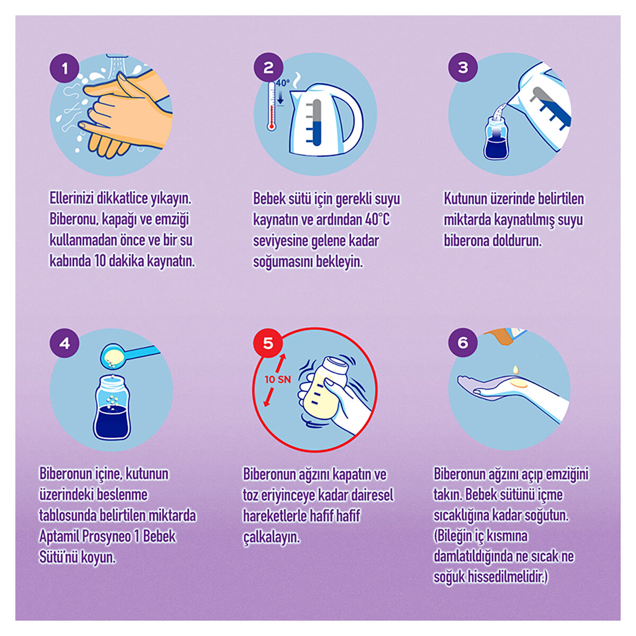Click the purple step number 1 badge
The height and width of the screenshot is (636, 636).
coord(64,68)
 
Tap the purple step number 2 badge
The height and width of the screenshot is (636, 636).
coord(268,68)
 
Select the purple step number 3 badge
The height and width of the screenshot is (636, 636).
coord(463,67)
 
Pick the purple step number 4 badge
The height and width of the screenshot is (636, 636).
coord(64,343)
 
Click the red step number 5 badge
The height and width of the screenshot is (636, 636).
coord(268,343)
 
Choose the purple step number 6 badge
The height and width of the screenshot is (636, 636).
coord(463,342)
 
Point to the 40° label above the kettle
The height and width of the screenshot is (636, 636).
coord(282,83)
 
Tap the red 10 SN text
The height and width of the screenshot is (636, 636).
coord(278,379)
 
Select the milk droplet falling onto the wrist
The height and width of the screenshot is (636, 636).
coord(516,369)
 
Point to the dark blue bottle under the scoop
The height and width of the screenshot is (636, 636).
coord(112,408)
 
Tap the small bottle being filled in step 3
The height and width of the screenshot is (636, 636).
coord(496,139)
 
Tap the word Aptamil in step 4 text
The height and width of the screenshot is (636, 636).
coord(59,537)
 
